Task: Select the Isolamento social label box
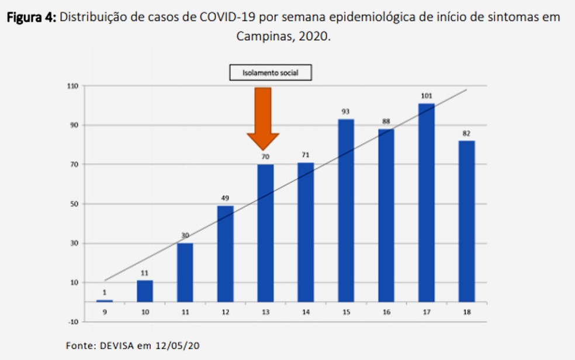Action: click(270, 72)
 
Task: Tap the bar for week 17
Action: click(426, 202)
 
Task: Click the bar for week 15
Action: click(346, 210)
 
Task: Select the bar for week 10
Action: click(144, 290)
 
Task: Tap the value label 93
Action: click(346, 112)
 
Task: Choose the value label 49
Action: click(225, 198)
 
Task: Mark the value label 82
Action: click(466, 133)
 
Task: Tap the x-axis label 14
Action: click(306, 313)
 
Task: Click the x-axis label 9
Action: click(104, 313)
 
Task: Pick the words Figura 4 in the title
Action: click(31, 17)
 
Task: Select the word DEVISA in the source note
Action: click(115, 345)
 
